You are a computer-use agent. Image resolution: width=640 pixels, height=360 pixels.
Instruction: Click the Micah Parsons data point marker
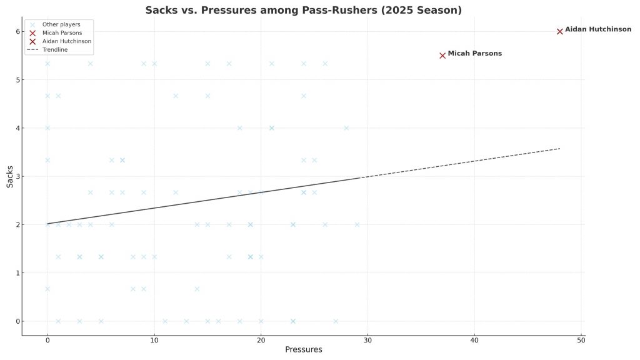(x=442, y=55)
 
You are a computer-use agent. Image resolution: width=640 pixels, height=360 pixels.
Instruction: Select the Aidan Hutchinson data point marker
(x=559, y=31)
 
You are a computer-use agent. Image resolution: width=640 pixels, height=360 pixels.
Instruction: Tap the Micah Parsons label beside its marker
(x=474, y=54)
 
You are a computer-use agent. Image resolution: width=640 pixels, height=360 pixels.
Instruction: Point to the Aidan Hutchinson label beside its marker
(x=597, y=29)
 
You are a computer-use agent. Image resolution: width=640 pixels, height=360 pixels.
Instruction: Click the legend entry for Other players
(x=61, y=24)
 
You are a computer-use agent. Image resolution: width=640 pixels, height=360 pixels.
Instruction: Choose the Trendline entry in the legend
(x=54, y=49)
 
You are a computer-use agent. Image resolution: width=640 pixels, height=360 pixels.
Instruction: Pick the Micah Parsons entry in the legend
(x=62, y=32)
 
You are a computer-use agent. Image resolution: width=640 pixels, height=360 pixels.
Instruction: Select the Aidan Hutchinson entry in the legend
(x=66, y=41)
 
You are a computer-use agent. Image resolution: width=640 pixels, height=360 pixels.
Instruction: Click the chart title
(x=303, y=10)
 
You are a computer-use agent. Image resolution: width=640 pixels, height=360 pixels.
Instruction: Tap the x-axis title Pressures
(x=303, y=350)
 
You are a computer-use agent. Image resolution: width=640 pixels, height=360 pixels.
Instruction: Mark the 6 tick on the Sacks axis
(x=17, y=31)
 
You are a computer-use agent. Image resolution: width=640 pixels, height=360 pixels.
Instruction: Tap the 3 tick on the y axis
(x=17, y=176)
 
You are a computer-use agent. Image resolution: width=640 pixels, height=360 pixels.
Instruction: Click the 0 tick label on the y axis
(x=17, y=321)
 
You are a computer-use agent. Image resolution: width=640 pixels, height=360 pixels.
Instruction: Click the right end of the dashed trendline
(x=559, y=149)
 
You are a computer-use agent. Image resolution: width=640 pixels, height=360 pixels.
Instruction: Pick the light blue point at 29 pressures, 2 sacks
(x=357, y=224)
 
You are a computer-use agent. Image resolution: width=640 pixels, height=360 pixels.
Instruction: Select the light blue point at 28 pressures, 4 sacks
(x=346, y=128)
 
